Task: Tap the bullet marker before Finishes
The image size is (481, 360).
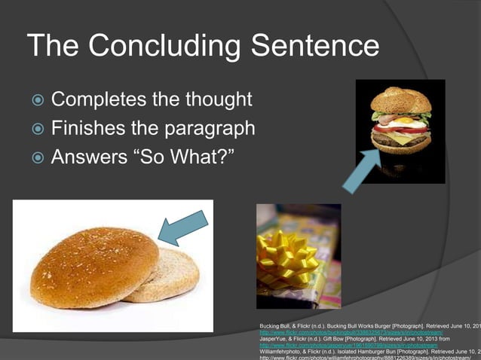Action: coord(38,130)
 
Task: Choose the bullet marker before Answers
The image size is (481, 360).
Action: coord(38,159)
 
